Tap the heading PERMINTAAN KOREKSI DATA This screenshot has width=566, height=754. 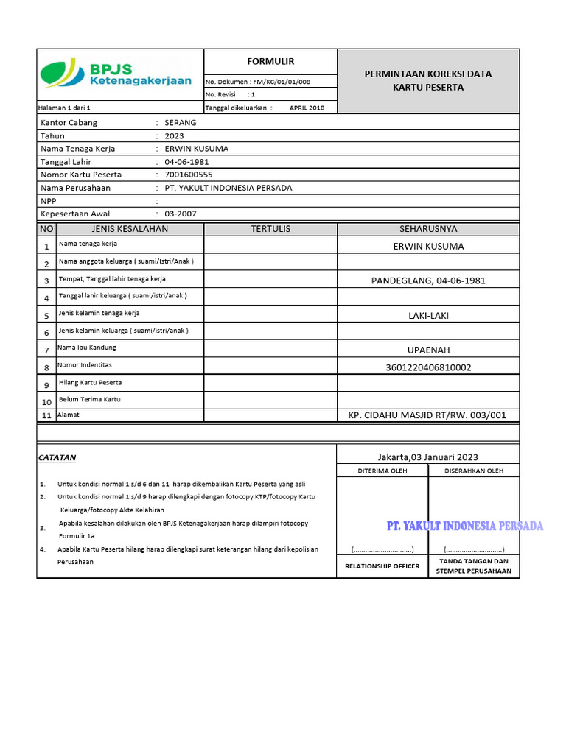coord(428,74)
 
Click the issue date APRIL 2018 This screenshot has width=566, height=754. coord(307,108)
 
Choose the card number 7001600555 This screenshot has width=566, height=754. coord(189,175)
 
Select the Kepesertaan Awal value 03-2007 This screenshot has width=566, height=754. coord(181,214)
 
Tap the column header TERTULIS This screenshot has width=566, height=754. coord(270,229)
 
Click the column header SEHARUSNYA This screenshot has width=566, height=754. coord(428,229)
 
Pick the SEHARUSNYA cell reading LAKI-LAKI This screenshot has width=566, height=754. coord(428,315)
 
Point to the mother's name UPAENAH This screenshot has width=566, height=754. coord(428,350)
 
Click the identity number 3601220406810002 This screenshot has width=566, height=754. coord(428,367)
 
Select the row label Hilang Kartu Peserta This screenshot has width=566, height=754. coord(90,383)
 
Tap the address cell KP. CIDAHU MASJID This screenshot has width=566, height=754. coord(427,415)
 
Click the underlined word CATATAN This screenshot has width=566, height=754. coord(57,457)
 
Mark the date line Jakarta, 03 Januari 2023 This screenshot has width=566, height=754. coord(427,457)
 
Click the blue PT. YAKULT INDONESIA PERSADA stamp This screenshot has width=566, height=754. coord(465,526)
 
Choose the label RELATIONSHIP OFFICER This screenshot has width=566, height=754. coord(382,566)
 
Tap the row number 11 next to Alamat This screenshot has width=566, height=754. coord(46,416)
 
